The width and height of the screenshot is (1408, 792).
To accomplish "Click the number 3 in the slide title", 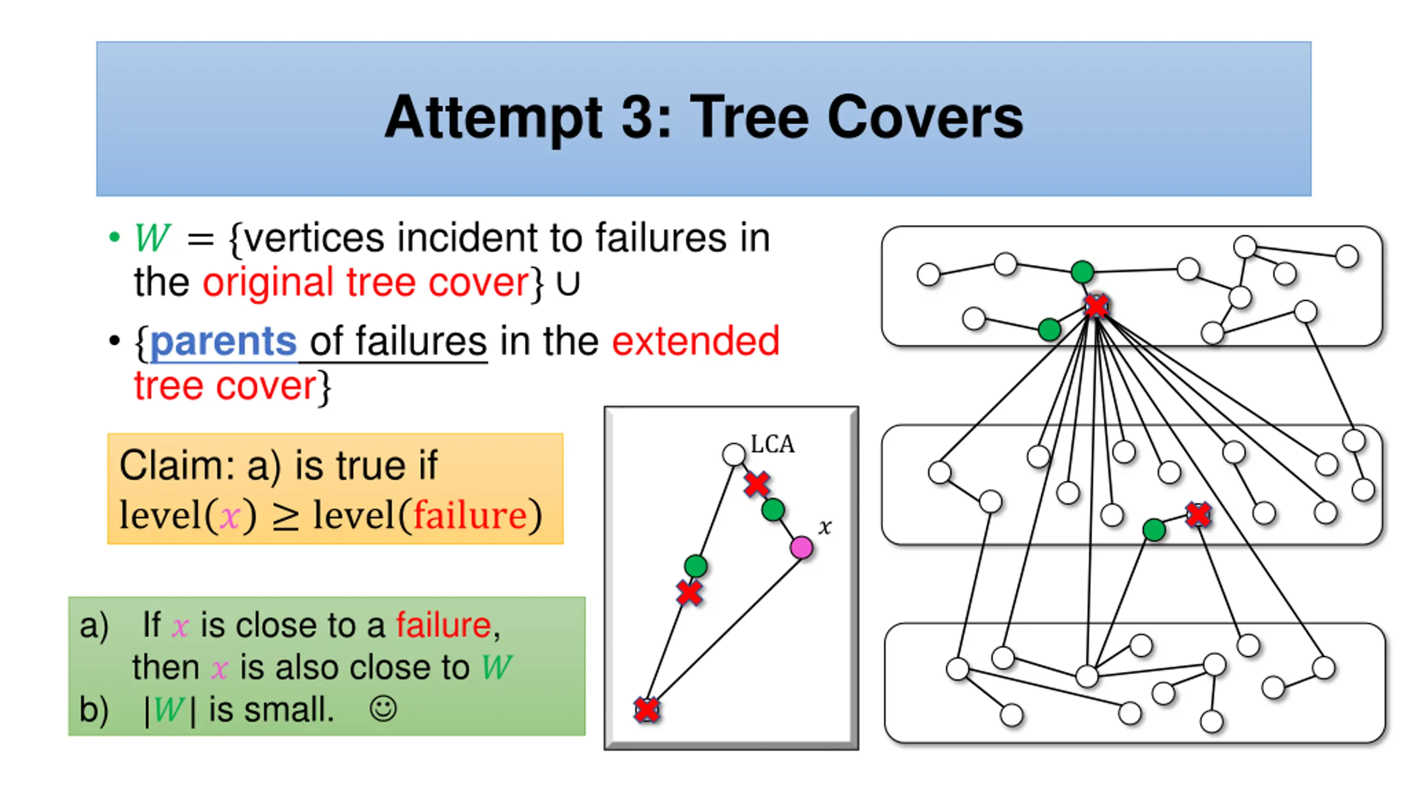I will click(x=639, y=118).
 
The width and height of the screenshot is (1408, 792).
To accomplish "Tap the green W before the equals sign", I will click(x=152, y=239).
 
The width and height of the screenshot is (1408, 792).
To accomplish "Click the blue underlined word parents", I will click(x=223, y=342).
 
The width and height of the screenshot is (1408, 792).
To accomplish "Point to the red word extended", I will click(x=696, y=342).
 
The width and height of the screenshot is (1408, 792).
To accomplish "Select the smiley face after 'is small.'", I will click(x=383, y=709).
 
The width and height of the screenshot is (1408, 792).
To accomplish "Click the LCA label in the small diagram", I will click(x=773, y=444).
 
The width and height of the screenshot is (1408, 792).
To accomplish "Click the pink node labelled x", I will click(x=801, y=548).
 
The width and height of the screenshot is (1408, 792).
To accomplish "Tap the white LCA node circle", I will click(x=734, y=455).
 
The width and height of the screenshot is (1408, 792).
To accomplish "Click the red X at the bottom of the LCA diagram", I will click(x=647, y=710).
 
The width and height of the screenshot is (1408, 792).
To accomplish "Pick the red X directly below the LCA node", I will click(x=757, y=484).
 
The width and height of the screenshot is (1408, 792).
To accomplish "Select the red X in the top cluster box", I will click(x=1096, y=306).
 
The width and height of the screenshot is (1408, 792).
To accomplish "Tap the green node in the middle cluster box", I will click(x=1154, y=530).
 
